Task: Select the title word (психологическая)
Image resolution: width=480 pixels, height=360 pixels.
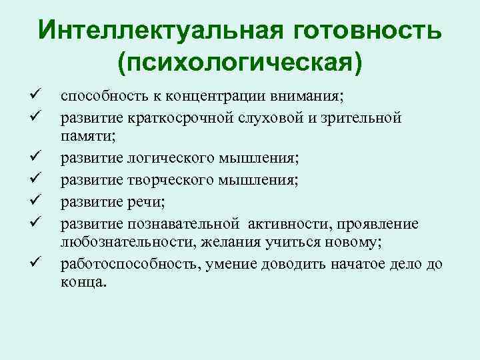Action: click(x=240, y=63)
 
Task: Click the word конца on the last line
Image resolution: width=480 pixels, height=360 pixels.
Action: click(x=81, y=282)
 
